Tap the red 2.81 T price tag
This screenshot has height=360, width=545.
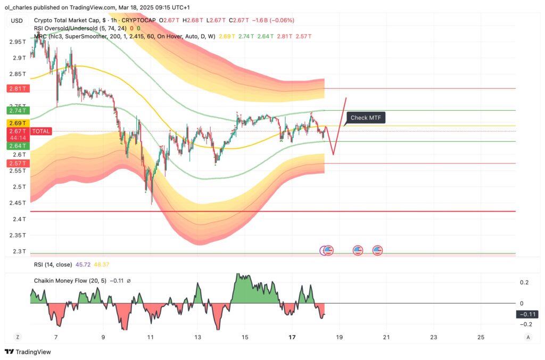pos(16,89)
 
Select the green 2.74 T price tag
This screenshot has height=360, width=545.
pos(16,110)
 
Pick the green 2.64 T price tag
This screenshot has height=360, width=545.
pos(16,145)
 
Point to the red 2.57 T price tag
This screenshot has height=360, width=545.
pos(16,163)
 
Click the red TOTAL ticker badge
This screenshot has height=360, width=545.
pos(41,131)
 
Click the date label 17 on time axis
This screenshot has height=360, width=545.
pos(292,337)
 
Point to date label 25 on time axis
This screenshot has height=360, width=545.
pos(481,337)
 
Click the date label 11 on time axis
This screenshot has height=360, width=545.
pos(151,337)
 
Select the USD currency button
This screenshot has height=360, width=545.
pos(16,21)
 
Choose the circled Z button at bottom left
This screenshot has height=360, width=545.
pos(18,337)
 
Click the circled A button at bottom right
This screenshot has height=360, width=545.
pos(528,337)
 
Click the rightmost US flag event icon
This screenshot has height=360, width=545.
pos(378,250)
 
